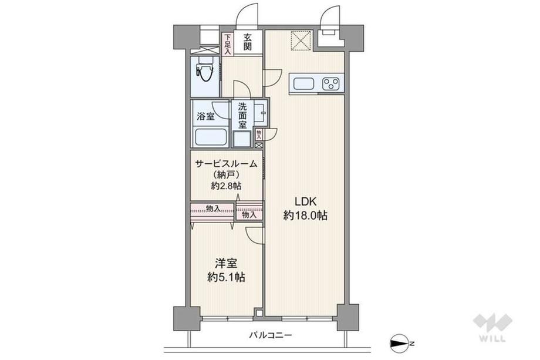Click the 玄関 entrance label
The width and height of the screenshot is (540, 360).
pyautogui.click(x=247, y=42)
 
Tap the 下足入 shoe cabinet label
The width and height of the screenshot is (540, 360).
pyautogui.click(x=228, y=43)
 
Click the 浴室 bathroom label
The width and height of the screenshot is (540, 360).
pyautogui.click(x=205, y=116)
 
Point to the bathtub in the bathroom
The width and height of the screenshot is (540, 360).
pyautogui.click(x=211, y=136)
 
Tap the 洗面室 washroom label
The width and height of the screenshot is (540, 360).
pyautogui.click(x=242, y=115)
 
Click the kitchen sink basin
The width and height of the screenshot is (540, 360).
pyautogui.click(x=303, y=84)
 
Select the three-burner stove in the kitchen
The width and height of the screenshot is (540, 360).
pyautogui.click(x=331, y=83)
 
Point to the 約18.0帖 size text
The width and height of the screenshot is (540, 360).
pyautogui.click(x=305, y=216)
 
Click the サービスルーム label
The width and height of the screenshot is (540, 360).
pyautogui.click(x=226, y=164)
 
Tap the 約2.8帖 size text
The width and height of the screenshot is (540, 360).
pyautogui.click(x=226, y=186)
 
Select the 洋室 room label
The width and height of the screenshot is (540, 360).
pyautogui.click(x=226, y=264)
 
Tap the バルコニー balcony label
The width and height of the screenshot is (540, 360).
pyautogui.click(x=271, y=335)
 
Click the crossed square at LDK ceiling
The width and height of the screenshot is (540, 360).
pyautogui.click(x=301, y=41)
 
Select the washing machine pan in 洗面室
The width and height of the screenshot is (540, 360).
pyautogui.click(x=242, y=139)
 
